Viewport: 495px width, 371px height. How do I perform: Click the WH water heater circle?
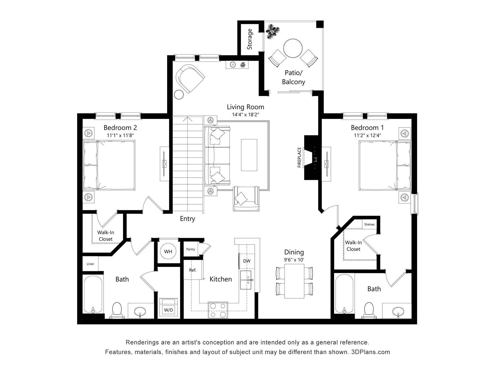tap(168, 251)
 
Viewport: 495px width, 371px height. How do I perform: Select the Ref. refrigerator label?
tap(193, 270)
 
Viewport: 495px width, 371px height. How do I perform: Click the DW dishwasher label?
tap(247, 261)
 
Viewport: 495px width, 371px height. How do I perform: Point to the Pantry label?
tap(191, 249)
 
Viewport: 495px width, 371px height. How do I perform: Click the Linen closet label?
tap(90, 264)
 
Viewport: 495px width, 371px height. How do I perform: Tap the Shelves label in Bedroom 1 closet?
tap(369, 224)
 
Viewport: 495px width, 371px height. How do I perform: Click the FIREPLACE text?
tap(299, 157)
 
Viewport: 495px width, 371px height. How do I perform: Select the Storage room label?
tap(250, 39)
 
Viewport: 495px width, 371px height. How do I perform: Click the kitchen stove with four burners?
tap(218, 310)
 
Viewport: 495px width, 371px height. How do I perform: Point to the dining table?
tap(294, 281)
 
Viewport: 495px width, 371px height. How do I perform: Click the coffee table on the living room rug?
tap(249, 155)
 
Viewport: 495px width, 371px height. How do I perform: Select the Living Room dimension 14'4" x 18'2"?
tap(245, 115)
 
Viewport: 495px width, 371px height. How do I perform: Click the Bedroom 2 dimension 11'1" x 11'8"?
tap(120, 135)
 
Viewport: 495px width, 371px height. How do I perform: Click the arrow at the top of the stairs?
tap(187, 119)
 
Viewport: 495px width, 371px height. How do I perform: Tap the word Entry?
tap(187, 219)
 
